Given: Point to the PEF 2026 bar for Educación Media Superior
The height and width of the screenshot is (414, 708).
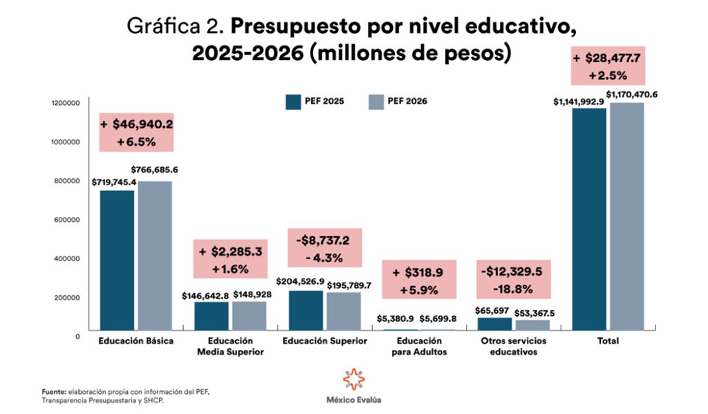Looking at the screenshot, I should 249,316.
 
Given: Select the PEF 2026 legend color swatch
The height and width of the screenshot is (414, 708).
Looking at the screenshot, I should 376,101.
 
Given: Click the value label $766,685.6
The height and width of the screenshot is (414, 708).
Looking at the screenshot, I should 154,169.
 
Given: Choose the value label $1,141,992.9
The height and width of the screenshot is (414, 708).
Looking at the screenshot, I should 579,102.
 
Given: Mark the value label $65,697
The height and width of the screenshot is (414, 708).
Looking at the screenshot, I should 494,312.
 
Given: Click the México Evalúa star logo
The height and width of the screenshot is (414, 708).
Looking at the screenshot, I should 353,379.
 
